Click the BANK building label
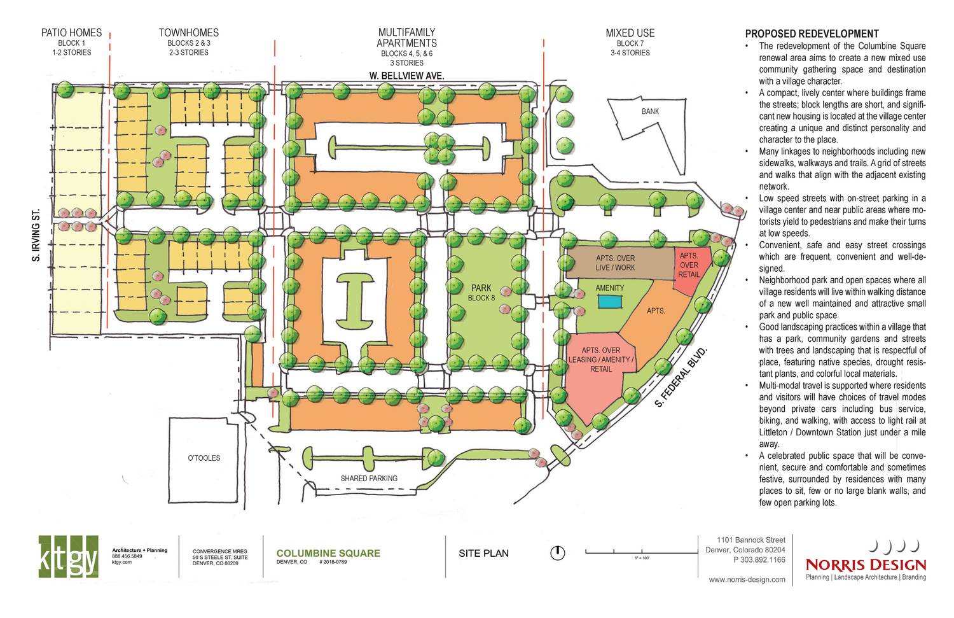click(650, 111)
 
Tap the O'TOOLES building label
click(204, 458)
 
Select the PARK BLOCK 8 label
click(481, 293)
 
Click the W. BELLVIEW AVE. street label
click(406, 76)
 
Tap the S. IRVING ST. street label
click(36, 235)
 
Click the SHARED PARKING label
click(369, 478)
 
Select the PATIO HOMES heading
click(71, 33)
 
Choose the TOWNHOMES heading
click(189, 33)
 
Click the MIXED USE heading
click(630, 33)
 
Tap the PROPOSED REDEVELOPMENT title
click(812, 34)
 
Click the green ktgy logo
click(68, 556)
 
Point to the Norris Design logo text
click(866, 565)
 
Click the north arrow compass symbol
click(557, 552)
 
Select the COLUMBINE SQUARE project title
click(328, 553)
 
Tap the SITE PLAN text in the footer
click(483, 553)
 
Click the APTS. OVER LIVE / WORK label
click(615, 263)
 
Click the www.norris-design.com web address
click(747, 580)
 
